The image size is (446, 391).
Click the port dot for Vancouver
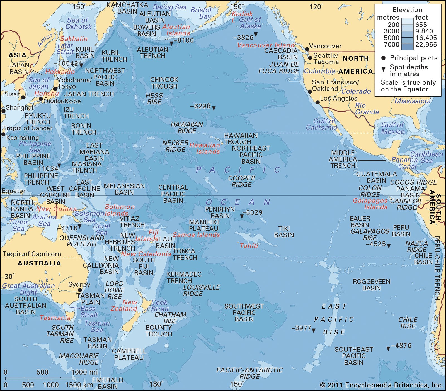point(307,49)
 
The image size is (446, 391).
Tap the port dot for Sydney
point(80,290)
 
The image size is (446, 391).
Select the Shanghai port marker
point(3,111)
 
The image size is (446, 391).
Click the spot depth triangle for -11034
point(59,166)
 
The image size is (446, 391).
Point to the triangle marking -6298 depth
point(214,108)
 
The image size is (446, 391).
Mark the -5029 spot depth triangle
point(242,216)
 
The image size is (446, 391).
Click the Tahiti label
point(249,246)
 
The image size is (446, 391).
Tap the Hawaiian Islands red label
point(205,148)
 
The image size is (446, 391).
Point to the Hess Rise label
point(154,99)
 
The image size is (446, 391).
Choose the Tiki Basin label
point(284,232)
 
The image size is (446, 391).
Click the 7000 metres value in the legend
point(392,45)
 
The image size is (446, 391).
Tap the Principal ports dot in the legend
point(384,58)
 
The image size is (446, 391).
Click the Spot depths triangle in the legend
point(384,69)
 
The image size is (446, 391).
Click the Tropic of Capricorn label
point(32,254)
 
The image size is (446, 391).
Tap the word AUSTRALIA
point(39,263)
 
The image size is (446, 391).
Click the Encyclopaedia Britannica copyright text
point(381,385)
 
